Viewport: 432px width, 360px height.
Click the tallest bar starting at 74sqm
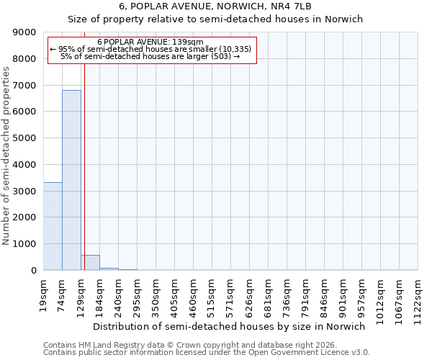click(x=71, y=180)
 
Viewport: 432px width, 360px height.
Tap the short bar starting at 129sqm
click(x=90, y=263)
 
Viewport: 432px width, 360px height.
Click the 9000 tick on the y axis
click(x=24, y=32)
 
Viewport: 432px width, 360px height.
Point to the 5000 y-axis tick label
click(x=24, y=138)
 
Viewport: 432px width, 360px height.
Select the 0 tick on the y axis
click(x=33, y=271)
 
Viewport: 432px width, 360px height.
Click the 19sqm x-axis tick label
click(x=44, y=292)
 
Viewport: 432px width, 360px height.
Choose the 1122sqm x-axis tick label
click(x=418, y=295)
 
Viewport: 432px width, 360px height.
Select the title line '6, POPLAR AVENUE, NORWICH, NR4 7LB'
click(x=215, y=6)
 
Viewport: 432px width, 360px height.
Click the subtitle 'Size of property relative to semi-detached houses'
click(x=215, y=19)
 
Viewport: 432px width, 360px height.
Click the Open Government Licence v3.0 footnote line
click(x=207, y=353)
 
